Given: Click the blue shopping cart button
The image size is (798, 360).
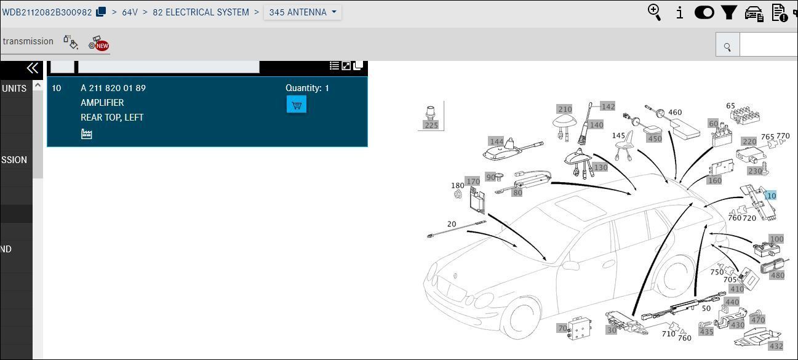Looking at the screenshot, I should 296,105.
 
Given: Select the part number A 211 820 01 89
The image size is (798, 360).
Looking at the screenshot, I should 113,88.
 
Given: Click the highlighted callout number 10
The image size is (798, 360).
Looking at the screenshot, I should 770,196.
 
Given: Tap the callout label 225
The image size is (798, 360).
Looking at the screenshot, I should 431,125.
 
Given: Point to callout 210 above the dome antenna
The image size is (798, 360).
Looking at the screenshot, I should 564,110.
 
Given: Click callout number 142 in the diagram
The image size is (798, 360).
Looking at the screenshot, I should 607,106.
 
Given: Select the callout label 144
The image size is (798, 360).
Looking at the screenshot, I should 496,142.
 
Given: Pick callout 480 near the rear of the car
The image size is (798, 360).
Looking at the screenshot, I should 777,275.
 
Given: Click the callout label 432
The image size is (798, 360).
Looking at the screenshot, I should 776,346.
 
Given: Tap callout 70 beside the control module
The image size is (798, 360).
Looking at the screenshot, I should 562,329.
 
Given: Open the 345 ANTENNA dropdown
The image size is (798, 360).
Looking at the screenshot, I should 303,12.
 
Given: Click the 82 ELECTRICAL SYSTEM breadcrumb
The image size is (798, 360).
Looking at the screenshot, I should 201,12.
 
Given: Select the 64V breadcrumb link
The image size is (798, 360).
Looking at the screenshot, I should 130,12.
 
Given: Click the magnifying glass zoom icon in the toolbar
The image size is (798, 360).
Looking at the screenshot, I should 655,12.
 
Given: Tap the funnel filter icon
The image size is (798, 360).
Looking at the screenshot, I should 728,12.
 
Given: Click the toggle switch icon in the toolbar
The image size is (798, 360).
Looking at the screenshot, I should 704,12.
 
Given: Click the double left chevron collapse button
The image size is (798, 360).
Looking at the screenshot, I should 32,68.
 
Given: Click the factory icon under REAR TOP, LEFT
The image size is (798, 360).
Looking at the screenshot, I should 87,134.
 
